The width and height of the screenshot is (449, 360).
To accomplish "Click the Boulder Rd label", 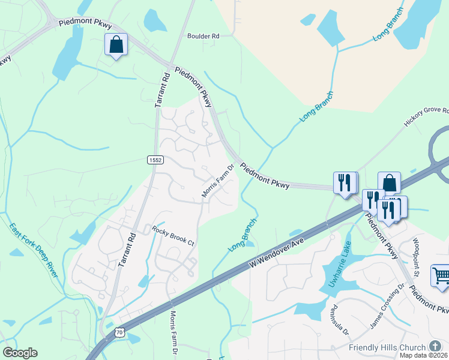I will point(203,36).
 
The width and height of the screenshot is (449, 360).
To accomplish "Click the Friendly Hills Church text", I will point(388,348).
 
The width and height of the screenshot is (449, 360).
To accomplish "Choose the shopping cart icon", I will point(441,275).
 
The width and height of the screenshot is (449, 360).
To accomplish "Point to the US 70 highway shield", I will point(119,332).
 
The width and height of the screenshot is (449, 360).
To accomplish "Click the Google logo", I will point(20,353).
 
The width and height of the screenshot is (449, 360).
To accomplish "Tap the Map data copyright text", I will point(424,355).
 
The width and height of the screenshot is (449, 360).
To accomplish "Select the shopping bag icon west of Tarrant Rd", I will point(115,44).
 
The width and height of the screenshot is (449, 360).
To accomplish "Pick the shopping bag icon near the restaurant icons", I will point(389,182).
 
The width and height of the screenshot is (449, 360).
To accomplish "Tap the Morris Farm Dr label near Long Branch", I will point(217,182).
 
